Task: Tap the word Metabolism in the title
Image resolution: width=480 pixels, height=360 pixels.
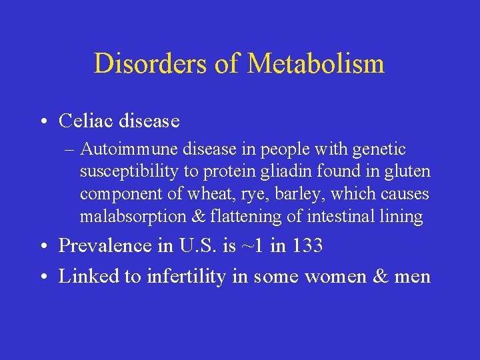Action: pos(316,64)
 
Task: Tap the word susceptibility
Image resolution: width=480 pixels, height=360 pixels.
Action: pos(129,172)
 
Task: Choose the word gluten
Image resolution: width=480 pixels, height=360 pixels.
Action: pos(409,172)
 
